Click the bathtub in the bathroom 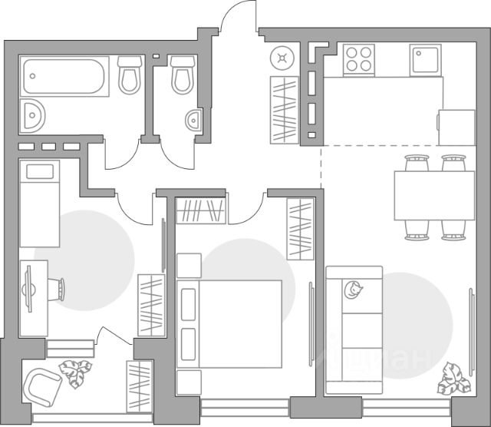click(66, 76)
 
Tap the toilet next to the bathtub click(129, 74)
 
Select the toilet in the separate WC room click(183, 74)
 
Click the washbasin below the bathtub click(33, 114)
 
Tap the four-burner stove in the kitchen click(358, 58)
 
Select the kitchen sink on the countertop click(425, 59)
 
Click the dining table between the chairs click(433, 195)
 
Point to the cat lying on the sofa click(353, 290)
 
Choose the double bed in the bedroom click(230, 323)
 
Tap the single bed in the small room click(39, 203)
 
